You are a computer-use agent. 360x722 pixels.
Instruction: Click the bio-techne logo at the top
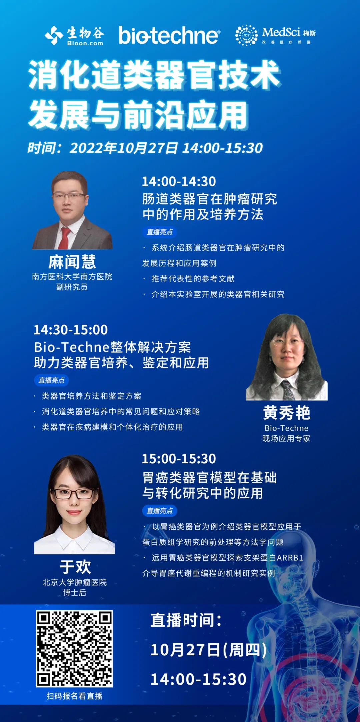click(169, 35)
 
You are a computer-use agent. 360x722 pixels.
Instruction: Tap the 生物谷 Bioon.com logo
click(74, 35)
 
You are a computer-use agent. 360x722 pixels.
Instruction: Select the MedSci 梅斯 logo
click(275, 35)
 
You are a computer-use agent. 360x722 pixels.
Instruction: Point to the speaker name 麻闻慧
click(72, 262)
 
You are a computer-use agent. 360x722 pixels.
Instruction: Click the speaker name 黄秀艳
click(287, 413)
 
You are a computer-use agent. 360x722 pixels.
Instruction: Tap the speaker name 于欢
click(75, 567)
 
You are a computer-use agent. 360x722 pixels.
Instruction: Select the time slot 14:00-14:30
click(179, 182)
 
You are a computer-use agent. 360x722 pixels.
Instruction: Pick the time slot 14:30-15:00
click(71, 330)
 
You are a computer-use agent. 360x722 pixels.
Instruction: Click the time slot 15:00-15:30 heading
click(179, 459)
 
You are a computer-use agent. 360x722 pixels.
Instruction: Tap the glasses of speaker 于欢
click(74, 494)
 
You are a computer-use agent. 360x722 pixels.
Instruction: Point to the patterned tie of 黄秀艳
click(287, 390)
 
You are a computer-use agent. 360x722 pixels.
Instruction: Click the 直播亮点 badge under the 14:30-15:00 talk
click(51, 380)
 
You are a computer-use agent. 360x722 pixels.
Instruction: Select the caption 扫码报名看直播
click(74, 696)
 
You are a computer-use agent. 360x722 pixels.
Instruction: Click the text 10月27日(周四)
click(208, 650)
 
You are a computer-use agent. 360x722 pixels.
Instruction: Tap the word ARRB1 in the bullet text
click(290, 558)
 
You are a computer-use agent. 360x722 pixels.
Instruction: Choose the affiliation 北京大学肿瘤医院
click(75, 582)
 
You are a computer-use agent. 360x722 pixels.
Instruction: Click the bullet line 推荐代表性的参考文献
click(193, 279)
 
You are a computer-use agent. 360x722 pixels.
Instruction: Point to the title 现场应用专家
click(287, 438)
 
